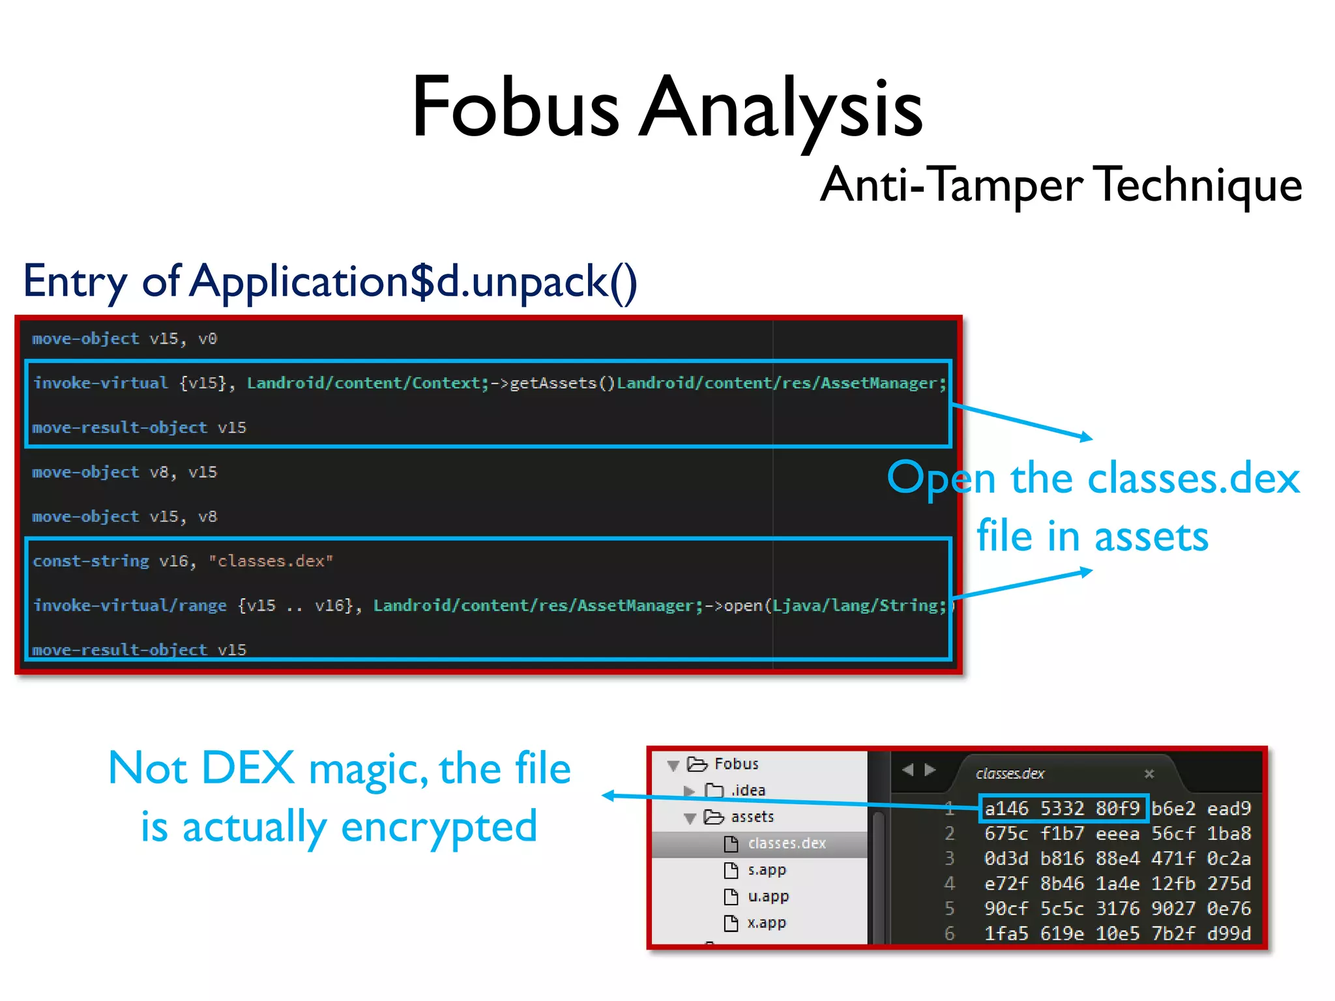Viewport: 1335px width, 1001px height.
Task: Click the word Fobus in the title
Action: [515, 108]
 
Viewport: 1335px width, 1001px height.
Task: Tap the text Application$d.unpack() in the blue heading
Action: [413, 282]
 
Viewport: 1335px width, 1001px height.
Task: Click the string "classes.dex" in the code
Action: [271, 561]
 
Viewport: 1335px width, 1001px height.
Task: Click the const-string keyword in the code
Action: [91, 561]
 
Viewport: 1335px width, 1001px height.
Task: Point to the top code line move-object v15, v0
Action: [124, 339]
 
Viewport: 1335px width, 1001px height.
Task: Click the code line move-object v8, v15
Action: [124, 472]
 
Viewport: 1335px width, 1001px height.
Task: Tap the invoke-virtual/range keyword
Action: [130, 605]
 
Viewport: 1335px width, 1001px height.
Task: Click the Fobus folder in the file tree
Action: [735, 764]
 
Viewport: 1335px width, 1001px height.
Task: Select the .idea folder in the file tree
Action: [747, 791]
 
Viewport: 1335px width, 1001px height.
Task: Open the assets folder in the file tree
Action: [752, 817]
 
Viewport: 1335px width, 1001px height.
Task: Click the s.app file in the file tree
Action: [767, 870]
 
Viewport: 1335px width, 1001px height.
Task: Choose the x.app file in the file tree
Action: [767, 923]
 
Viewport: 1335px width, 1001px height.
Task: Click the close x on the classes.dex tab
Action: [1149, 774]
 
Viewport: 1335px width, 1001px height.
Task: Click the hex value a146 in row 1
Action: [1006, 809]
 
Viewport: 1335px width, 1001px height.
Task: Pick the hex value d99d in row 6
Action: [1229, 934]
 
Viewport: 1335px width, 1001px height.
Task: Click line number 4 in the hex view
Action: [950, 884]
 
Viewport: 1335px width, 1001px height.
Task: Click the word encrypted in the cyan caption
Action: [439, 826]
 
